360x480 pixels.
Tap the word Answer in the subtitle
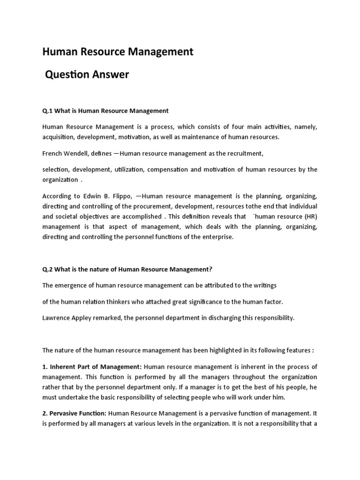[x=110, y=74]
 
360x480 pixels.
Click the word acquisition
[x=58, y=137]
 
